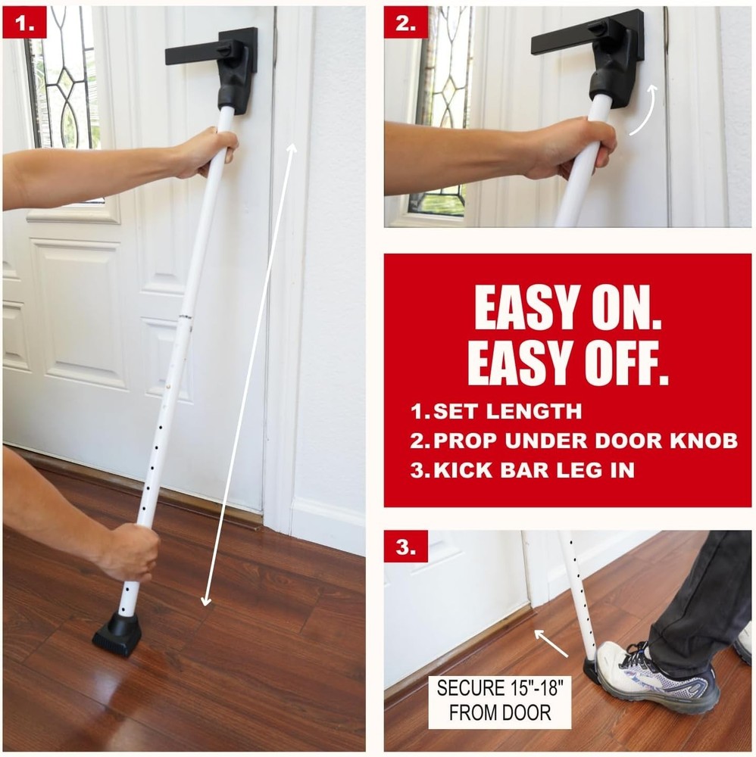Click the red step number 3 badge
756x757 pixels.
click(405, 547)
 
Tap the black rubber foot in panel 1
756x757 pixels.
click(117, 634)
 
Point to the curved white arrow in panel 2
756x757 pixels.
click(643, 111)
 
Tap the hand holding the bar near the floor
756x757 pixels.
click(129, 550)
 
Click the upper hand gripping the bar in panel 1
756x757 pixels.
click(205, 151)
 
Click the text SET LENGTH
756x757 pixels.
click(496, 413)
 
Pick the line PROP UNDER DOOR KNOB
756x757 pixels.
click(573, 441)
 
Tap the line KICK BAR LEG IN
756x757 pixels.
click(522, 469)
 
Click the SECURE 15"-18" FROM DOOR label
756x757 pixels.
click(499, 700)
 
